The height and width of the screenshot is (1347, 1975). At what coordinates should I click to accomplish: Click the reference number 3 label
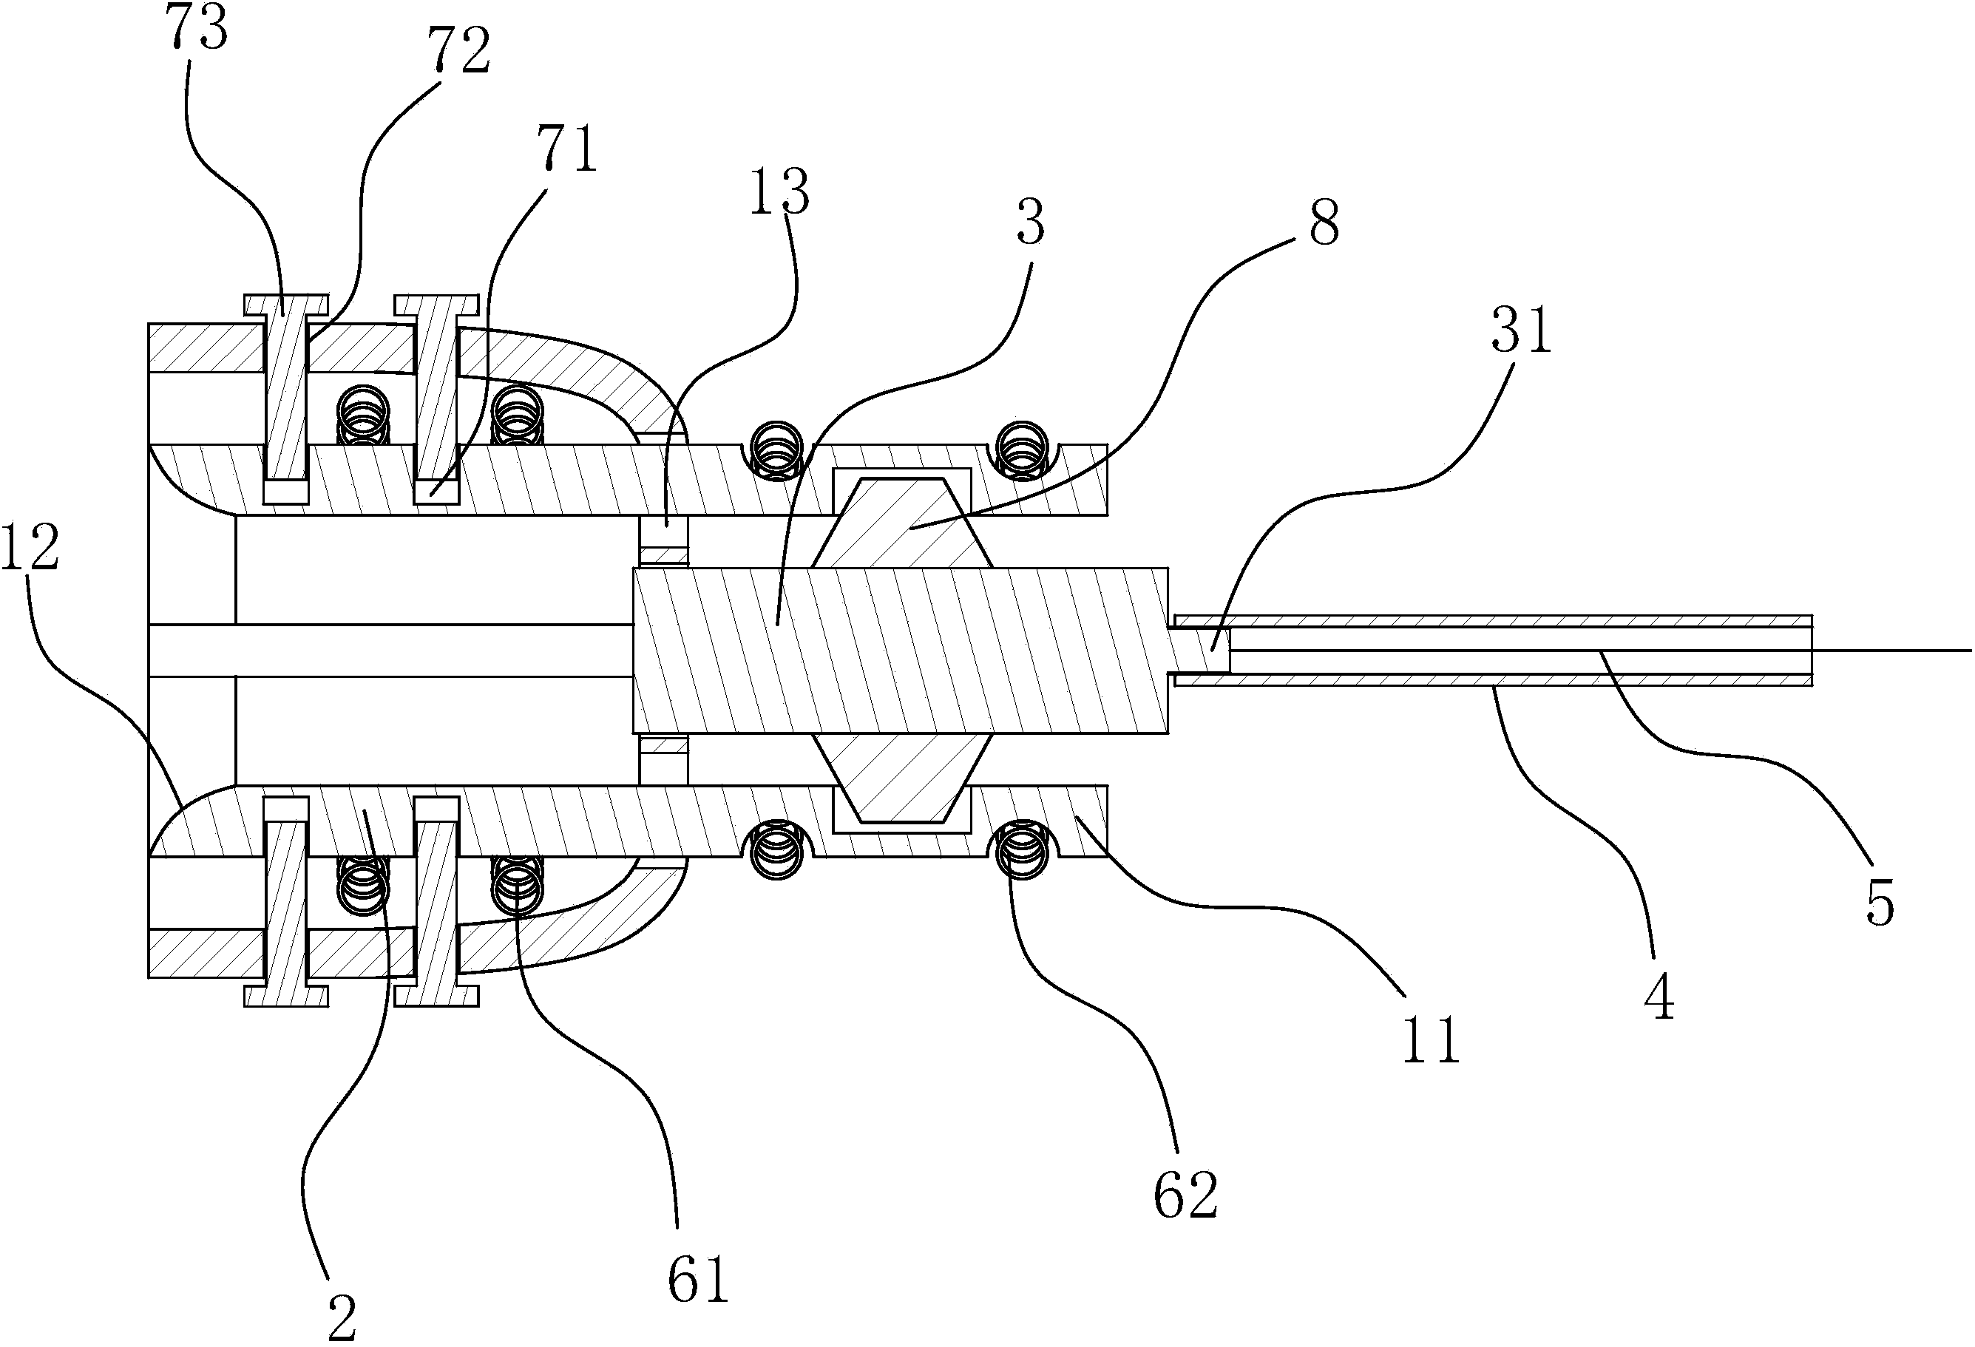pyautogui.click(x=1030, y=223)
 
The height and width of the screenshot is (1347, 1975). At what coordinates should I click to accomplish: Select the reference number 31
pyautogui.click(x=1521, y=331)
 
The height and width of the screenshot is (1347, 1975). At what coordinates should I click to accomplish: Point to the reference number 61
pyautogui.click(x=698, y=1280)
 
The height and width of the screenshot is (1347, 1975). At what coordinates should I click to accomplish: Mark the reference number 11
pyautogui.click(x=1431, y=1039)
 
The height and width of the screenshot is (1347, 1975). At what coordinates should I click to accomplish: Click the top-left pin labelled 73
pyautogui.click(x=285, y=391)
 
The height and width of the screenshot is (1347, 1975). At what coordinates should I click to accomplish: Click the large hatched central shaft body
pyautogui.click(x=901, y=650)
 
